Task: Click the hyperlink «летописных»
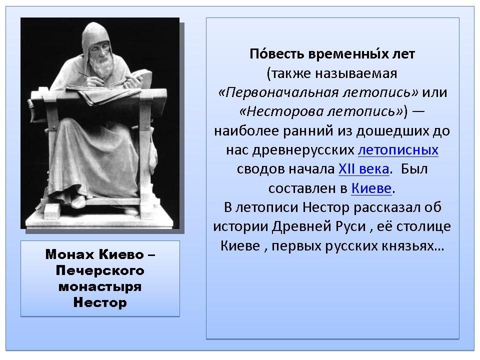click(398, 150)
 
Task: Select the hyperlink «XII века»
click(363, 169)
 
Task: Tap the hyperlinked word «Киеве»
click(371, 188)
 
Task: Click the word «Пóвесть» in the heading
click(276, 54)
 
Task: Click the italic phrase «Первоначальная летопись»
click(318, 92)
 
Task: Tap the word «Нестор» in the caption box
click(100, 302)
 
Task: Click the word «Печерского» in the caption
click(100, 270)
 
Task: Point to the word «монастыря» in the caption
click(100, 287)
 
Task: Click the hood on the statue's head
click(95, 33)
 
